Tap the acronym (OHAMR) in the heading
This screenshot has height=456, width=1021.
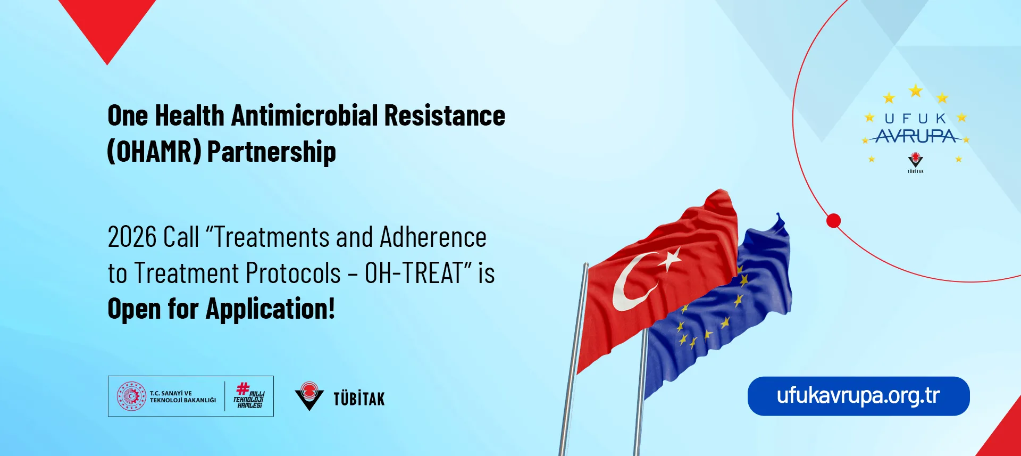click(154, 152)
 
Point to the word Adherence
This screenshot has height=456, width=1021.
click(433, 237)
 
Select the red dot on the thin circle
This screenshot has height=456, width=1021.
click(833, 220)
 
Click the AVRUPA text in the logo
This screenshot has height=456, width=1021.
click(916, 137)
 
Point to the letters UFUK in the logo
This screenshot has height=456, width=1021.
click(916, 119)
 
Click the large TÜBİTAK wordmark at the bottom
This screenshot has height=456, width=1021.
click(359, 399)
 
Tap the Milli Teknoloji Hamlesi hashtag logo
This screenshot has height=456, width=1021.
click(248, 395)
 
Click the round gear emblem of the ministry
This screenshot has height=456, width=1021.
click(131, 396)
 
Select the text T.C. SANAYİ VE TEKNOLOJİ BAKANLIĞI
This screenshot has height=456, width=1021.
click(183, 396)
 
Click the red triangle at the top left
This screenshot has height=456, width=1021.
click(107, 27)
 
